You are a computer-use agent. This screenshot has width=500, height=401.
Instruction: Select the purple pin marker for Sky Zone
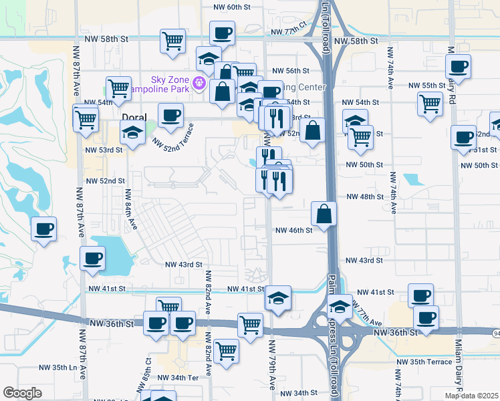198,84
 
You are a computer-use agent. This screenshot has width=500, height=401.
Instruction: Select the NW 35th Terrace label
424,362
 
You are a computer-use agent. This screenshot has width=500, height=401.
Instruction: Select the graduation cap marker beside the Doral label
132,133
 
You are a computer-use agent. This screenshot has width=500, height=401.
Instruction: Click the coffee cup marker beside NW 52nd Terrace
170,116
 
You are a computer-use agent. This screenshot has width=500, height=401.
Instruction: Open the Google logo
22,393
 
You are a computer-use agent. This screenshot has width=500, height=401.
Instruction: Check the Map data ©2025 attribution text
471,396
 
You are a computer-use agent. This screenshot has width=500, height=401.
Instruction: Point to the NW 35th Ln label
59,367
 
